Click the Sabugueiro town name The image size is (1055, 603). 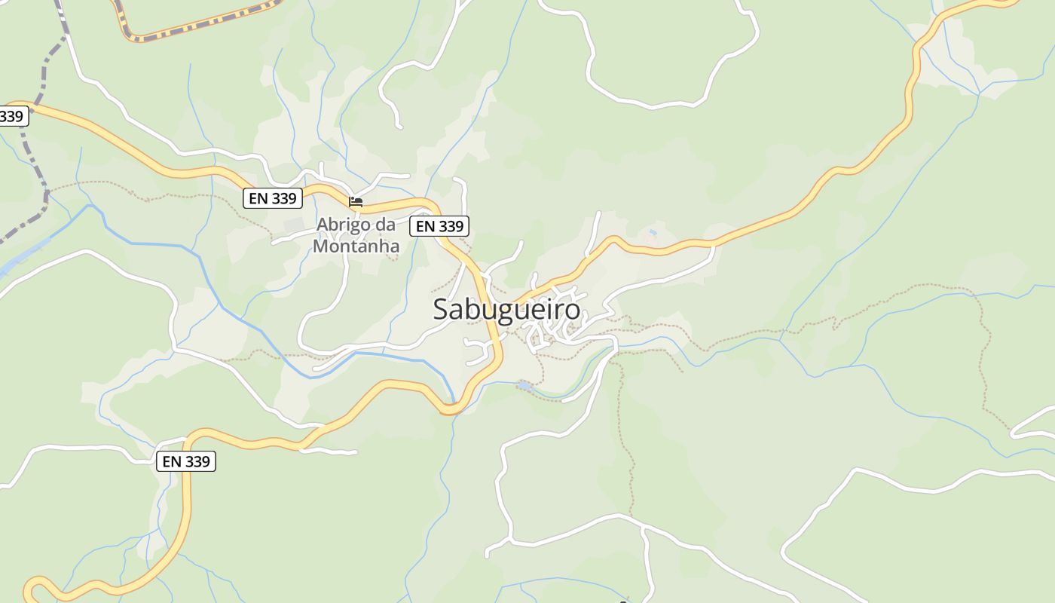click(506, 310)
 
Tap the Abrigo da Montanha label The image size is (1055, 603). click(356, 235)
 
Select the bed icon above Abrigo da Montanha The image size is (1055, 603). click(356, 201)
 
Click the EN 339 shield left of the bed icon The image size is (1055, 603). click(273, 198)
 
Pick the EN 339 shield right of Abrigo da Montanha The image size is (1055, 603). click(439, 225)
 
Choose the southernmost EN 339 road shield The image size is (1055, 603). click(186, 461)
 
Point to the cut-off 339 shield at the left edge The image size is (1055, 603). click(13, 116)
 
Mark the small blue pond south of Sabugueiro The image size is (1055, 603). click(523, 386)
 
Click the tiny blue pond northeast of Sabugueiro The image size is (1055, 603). click(653, 234)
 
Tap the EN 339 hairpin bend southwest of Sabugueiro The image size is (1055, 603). click(450, 409)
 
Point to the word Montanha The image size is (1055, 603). click(356, 246)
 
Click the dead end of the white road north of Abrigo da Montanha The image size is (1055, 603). click(399, 126)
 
